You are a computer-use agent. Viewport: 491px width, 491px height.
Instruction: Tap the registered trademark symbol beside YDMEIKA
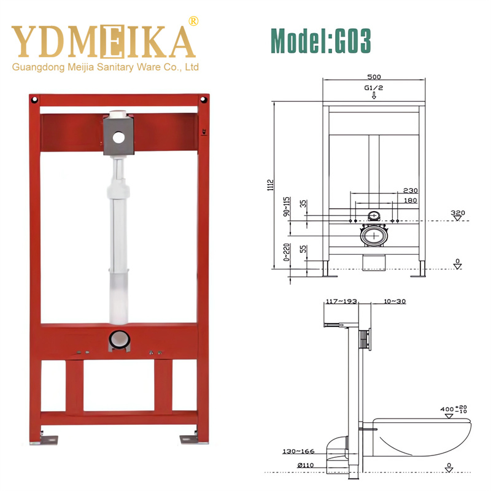tap(194, 21)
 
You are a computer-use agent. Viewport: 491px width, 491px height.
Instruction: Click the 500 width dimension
tap(374, 77)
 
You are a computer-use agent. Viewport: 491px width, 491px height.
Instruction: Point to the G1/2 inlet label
tap(374, 88)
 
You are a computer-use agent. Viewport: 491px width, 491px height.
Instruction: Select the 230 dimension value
tap(411, 191)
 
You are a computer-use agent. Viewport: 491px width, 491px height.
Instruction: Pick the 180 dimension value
tap(410, 200)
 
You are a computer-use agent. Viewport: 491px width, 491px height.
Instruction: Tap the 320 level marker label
tap(457, 213)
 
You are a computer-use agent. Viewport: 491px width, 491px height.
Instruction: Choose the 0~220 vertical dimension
tap(287, 252)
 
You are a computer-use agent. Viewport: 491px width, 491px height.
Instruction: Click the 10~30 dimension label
tap(393, 301)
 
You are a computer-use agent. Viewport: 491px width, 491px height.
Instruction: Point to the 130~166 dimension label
tap(298, 452)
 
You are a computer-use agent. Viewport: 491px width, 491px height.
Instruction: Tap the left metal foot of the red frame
tap(48, 439)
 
